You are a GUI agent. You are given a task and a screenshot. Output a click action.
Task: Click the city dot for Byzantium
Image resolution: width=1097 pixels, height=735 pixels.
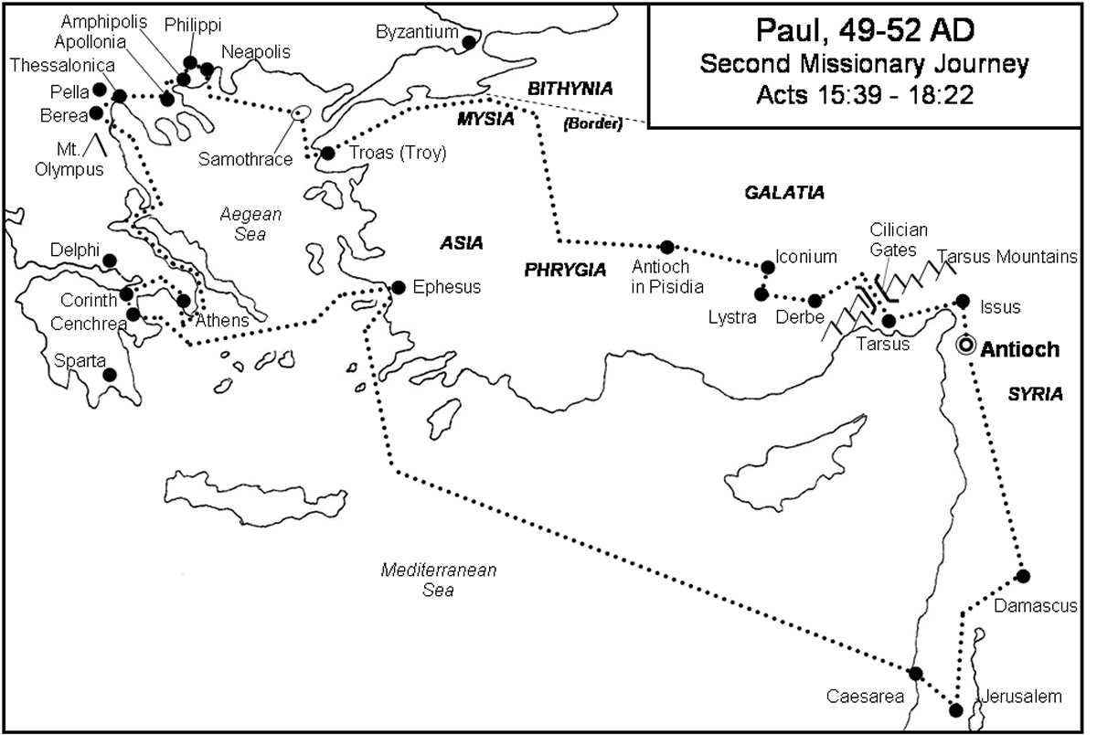click(x=469, y=42)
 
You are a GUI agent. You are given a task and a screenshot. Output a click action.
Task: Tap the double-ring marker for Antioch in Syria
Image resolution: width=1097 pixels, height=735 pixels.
click(x=965, y=346)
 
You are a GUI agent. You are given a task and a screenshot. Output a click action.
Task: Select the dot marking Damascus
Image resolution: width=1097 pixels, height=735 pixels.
click(x=1023, y=576)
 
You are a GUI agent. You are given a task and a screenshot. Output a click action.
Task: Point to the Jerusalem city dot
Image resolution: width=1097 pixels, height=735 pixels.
click(x=956, y=710)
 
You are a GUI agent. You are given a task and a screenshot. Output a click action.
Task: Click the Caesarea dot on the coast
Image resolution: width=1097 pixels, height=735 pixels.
click(x=916, y=673)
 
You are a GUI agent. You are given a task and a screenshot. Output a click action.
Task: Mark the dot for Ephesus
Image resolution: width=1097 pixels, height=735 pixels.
click(x=398, y=287)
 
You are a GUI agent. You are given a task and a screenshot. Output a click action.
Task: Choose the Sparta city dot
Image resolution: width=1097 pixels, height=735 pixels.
click(x=110, y=374)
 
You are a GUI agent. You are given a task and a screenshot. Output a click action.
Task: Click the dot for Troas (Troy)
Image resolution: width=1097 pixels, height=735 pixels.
click(x=328, y=153)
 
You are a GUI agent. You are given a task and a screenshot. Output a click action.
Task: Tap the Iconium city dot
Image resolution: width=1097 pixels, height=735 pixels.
click(x=768, y=267)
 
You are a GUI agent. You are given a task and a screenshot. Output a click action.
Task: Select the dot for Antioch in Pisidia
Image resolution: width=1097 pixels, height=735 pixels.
click(x=667, y=247)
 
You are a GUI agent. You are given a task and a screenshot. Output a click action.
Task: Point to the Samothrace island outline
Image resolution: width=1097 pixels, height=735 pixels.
click(x=299, y=114)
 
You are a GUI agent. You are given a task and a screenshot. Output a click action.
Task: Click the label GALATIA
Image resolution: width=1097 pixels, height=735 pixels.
click(x=784, y=193)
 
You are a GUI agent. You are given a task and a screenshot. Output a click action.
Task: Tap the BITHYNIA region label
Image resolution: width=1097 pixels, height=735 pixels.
click(x=570, y=88)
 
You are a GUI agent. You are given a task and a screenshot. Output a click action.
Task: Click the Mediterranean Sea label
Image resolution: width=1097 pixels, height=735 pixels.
click(x=439, y=580)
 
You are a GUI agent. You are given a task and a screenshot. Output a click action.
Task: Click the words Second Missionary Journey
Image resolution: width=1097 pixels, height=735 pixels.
click(x=865, y=65)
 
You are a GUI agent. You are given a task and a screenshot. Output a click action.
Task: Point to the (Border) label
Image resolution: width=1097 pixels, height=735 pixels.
click(x=594, y=122)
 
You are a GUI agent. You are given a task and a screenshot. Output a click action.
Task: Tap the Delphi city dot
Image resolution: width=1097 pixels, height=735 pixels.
click(x=110, y=261)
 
